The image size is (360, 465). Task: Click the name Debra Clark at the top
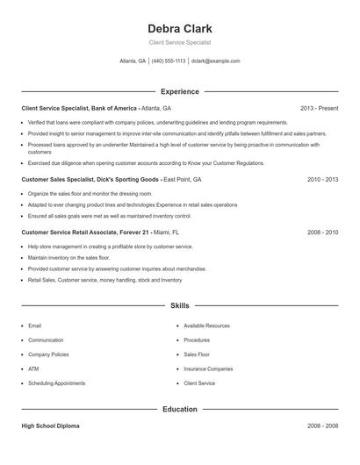180,28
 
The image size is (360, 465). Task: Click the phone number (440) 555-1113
169,61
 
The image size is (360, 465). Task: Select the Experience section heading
180,91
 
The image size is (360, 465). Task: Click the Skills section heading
180,306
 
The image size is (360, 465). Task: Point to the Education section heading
180,409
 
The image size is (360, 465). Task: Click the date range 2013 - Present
319,108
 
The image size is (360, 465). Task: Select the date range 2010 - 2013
322,178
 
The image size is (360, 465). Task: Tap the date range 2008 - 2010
322,232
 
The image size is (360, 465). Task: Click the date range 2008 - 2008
322,426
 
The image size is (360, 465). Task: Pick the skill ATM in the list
33,369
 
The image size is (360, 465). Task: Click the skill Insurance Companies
208,369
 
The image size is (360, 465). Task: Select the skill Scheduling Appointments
56,383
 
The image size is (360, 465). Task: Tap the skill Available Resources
206,325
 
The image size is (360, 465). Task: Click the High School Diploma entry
50,426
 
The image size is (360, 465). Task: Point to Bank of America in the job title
113,108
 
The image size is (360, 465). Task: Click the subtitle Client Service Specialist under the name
180,42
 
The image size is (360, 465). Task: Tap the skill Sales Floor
197,354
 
